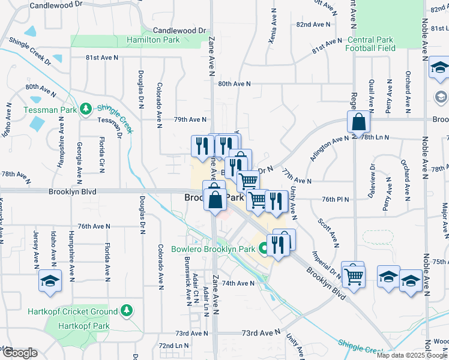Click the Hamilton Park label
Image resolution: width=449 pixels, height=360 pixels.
153,40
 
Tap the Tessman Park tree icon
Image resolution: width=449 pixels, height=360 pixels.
86,109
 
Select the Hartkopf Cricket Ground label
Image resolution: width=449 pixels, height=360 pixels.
72,311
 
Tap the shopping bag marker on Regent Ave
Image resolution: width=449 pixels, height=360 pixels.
358,122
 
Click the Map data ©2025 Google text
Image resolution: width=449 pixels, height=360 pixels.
412,355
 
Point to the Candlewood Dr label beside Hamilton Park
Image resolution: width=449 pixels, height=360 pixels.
179,30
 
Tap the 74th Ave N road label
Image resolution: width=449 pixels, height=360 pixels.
238,283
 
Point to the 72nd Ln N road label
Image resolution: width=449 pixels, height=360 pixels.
173,346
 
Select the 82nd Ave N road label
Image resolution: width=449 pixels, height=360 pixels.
313,25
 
